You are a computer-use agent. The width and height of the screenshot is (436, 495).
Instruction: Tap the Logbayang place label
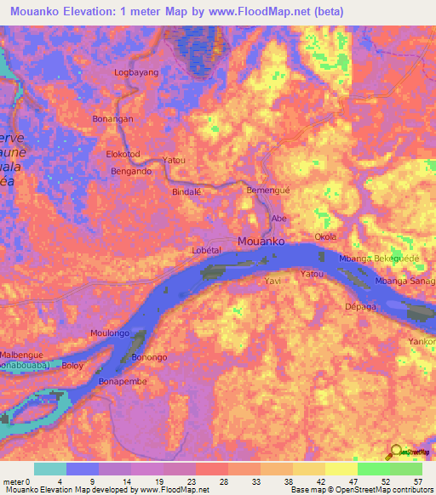pyautogui.click(x=136, y=73)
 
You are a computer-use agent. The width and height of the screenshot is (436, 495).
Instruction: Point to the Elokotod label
pyautogui.click(x=122, y=155)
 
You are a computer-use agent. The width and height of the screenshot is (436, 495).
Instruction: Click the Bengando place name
pyautogui.click(x=131, y=171)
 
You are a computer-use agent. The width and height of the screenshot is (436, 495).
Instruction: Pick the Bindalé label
pyautogui.click(x=186, y=192)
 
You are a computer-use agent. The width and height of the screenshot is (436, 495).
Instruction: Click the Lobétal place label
pyautogui.click(x=207, y=250)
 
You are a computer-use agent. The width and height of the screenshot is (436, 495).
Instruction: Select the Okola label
pyautogui.click(x=326, y=236)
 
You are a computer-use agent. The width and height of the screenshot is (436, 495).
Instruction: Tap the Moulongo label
pyautogui.click(x=111, y=333)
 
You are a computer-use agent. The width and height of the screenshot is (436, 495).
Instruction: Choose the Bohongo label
pyautogui.click(x=149, y=357)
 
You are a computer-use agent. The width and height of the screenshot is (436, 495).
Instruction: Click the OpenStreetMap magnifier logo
pyautogui.click(x=396, y=452)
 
